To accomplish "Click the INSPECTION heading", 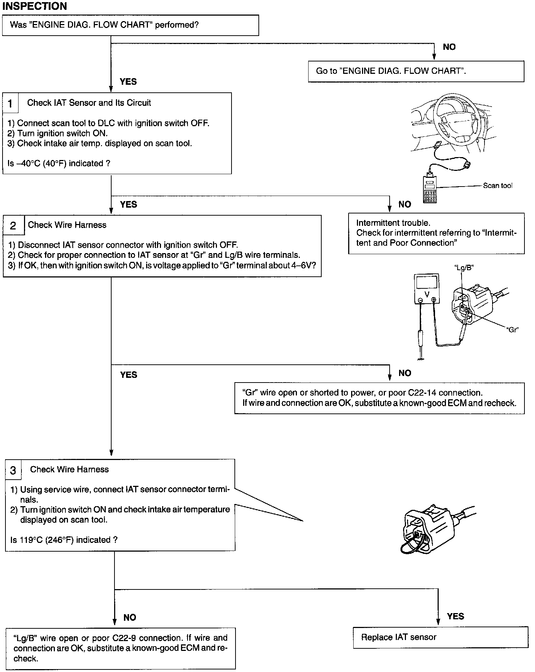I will [35, 6].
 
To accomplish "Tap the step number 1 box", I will [10, 104].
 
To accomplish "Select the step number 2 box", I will [13, 226].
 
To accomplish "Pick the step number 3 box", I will [13, 471].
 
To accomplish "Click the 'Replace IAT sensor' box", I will [440, 637].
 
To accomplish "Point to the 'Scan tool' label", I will [497, 186].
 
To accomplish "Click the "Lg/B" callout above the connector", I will [464, 268].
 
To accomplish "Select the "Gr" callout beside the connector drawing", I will [512, 329].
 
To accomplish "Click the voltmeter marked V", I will [427, 289].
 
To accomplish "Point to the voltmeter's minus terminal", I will [420, 300].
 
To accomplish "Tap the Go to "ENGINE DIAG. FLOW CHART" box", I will [416, 71].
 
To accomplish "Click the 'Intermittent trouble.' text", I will [393, 223].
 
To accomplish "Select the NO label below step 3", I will [130, 617].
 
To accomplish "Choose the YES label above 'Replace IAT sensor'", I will [455, 616].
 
